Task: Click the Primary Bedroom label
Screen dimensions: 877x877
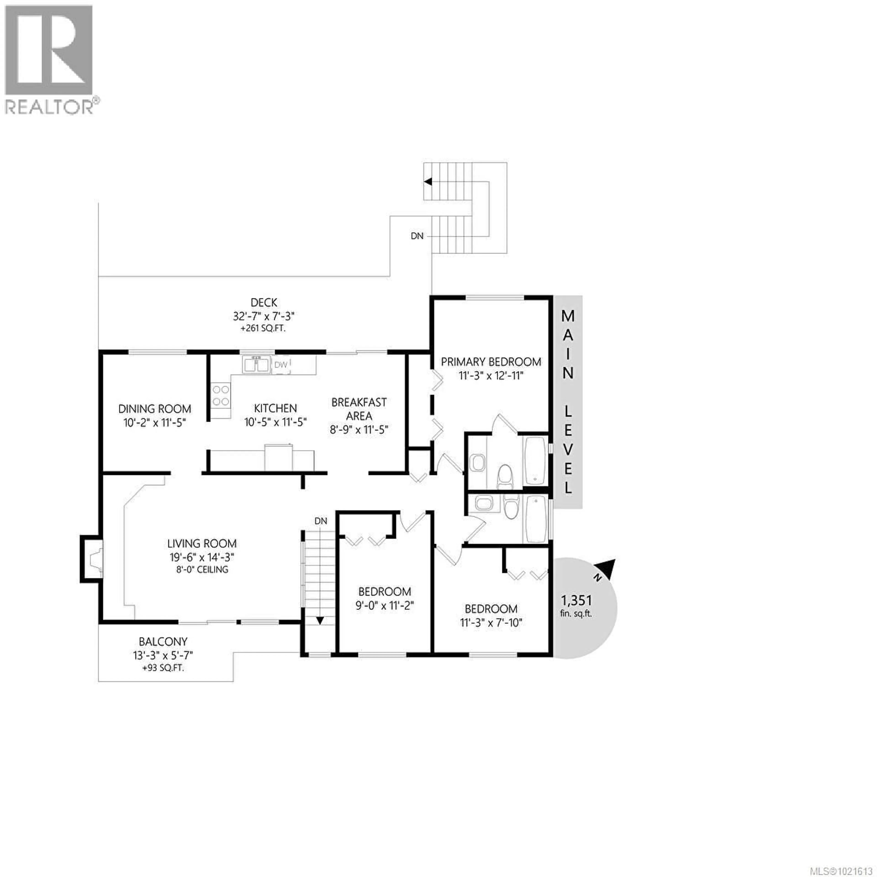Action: coord(491,362)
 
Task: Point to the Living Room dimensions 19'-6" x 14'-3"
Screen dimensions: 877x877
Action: coord(201,557)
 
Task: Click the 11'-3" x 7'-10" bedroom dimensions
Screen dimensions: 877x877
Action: coord(491,622)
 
